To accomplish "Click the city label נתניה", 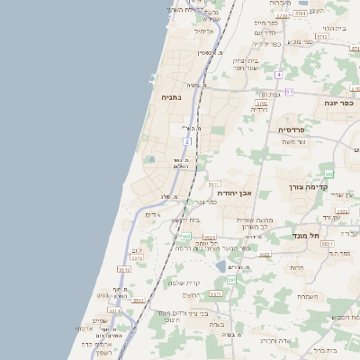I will coord(171,96).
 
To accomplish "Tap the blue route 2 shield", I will coord(186,141).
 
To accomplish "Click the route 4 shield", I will coord(280,74).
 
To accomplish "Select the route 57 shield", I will coord(289,92).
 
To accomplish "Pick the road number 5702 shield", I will coord(261,103).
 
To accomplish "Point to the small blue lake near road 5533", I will coord(221,266).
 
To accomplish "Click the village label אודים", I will coord(151,214).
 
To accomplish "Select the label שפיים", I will coord(100,321).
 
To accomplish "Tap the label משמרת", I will coord(308,296).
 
